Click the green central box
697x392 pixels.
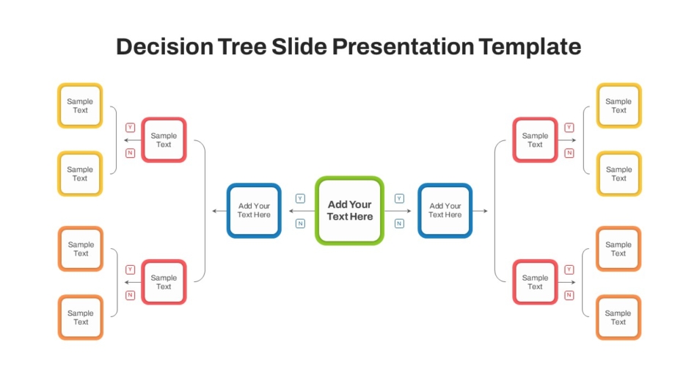pos(349,211)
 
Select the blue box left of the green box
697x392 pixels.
pos(254,211)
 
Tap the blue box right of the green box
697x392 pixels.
pos(445,211)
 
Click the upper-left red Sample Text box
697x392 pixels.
pos(164,139)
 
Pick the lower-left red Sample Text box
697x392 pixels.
pos(164,282)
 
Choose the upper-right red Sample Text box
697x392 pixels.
pos(535,139)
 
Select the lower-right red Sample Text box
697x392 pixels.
pos(535,282)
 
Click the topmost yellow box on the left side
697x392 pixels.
pos(80,106)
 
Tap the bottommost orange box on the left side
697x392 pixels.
pos(81,317)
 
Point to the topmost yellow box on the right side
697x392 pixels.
pos(618,106)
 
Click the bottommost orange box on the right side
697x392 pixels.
pos(618,317)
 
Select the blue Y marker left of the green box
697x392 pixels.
pos(301,198)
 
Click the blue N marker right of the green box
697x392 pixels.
pos(400,223)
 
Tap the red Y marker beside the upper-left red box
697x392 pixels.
pos(131,128)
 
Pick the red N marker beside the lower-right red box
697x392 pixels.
pos(569,295)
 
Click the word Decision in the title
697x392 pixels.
pos(164,47)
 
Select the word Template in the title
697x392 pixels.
pos(530,47)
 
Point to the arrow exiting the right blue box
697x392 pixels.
pos(481,211)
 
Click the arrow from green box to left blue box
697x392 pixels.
pos(302,211)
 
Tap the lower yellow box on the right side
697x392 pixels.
pos(618,173)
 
